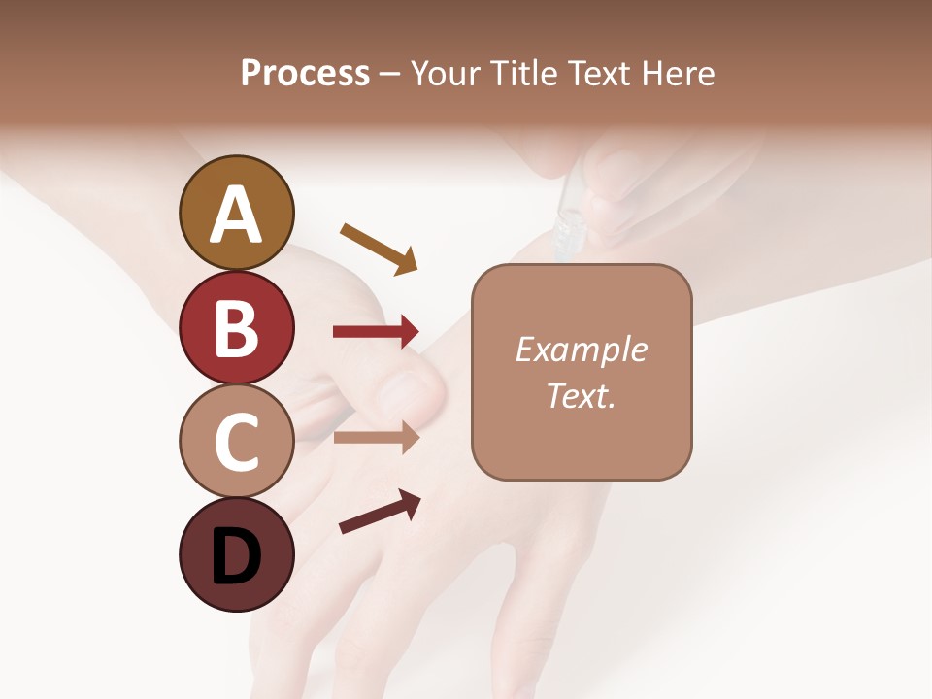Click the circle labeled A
click(237, 213)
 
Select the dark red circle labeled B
click(237, 327)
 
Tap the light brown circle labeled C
click(237, 441)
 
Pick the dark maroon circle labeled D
click(237, 554)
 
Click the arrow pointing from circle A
click(380, 249)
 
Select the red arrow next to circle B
click(377, 332)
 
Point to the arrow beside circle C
click(377, 437)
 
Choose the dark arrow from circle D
click(380, 512)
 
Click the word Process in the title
click(305, 73)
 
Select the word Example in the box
click(581, 349)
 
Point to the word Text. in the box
click(581, 395)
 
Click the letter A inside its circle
click(237, 215)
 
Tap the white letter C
click(237, 443)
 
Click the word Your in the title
click(444, 73)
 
